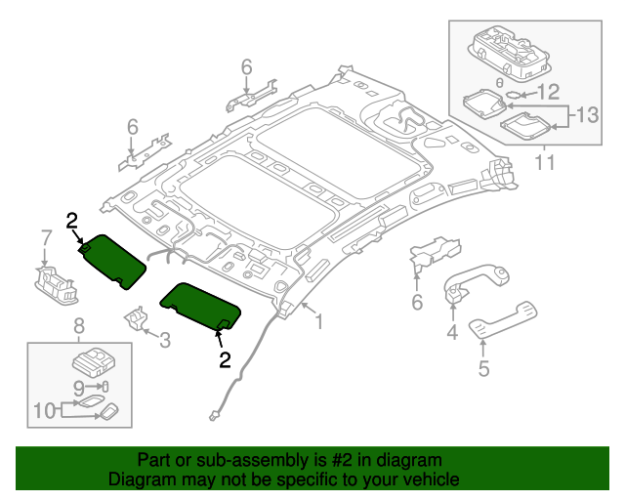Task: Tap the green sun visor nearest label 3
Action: (201, 305)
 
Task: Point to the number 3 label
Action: (164, 340)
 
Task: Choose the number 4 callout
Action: (452, 333)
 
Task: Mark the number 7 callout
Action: (45, 237)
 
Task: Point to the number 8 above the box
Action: (79, 325)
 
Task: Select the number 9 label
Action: (78, 386)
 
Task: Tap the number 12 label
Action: (548, 93)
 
